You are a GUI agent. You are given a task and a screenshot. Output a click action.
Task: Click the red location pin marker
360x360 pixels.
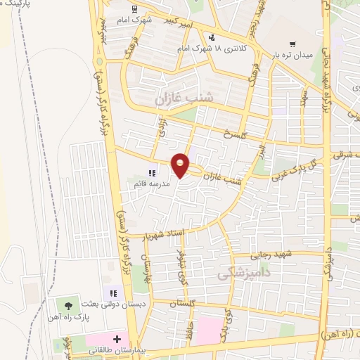pyautogui.click(x=181, y=165)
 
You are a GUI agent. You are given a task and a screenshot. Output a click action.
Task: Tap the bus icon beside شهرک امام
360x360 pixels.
pyautogui.click(x=134, y=9)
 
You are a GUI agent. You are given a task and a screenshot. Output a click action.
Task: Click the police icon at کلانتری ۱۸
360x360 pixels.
pyautogui.click(x=210, y=37)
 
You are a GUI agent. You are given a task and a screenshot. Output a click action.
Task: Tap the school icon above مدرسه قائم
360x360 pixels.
pyautogui.click(x=150, y=172)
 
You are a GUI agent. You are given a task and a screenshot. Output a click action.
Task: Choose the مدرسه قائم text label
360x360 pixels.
pyautogui.click(x=150, y=184)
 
